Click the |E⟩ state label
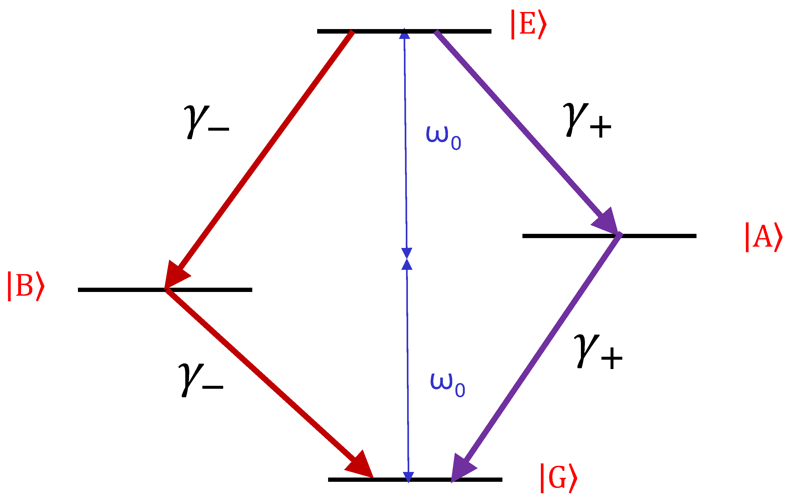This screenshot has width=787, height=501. tap(529, 25)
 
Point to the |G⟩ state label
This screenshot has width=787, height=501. tap(559, 478)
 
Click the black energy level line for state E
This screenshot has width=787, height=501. tap(404, 31)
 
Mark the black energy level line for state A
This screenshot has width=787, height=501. tap(609, 236)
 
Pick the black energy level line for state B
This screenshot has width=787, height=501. tap(165, 290)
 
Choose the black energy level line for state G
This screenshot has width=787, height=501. tap(415, 479)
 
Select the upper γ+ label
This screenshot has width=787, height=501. tap(587, 120)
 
